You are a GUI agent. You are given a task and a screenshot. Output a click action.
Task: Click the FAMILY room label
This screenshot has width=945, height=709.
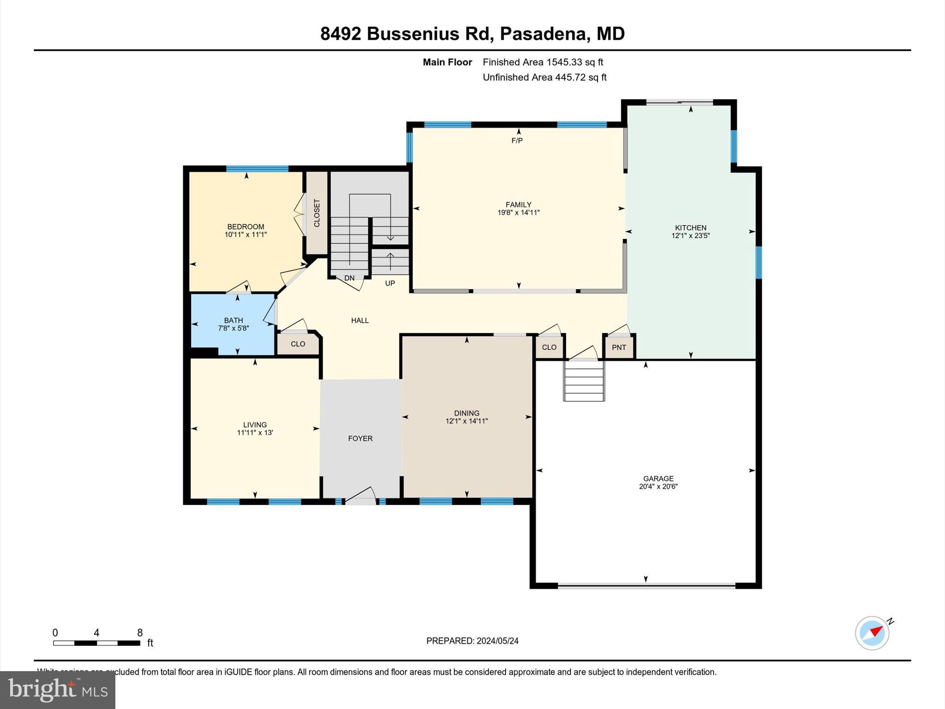(x=518, y=204)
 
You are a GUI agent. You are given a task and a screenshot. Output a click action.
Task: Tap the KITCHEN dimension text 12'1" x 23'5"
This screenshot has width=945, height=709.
(x=690, y=236)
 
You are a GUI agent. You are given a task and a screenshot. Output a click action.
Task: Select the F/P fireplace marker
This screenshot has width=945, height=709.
(x=517, y=140)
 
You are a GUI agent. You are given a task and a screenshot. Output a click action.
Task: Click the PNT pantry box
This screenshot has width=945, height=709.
(x=619, y=347)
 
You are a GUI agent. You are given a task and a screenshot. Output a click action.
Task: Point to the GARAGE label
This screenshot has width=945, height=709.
(x=658, y=479)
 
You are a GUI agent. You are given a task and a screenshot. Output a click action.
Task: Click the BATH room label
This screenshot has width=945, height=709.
(x=233, y=320)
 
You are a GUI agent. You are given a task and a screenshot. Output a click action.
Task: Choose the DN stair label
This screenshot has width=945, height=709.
(x=349, y=278)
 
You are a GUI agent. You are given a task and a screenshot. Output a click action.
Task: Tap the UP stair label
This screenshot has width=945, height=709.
(x=390, y=283)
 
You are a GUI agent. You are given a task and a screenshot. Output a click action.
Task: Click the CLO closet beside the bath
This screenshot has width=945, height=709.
(x=298, y=344)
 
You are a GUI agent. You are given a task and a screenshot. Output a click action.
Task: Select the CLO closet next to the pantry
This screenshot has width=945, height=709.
(x=549, y=347)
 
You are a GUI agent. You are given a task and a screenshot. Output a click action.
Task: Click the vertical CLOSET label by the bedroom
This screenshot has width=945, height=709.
(x=317, y=213)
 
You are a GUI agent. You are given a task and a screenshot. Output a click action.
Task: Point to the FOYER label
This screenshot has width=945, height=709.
(x=360, y=439)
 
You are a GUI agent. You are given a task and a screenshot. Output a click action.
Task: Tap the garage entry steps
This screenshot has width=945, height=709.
(x=584, y=381)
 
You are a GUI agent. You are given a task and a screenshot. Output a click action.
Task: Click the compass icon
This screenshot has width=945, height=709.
(x=872, y=633)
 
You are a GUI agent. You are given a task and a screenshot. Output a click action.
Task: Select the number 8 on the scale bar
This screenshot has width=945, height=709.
(x=140, y=633)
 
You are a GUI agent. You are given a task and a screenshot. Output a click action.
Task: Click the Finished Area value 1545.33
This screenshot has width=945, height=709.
(x=564, y=62)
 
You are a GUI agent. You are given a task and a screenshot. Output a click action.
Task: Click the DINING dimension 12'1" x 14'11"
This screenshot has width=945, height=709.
(x=467, y=421)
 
